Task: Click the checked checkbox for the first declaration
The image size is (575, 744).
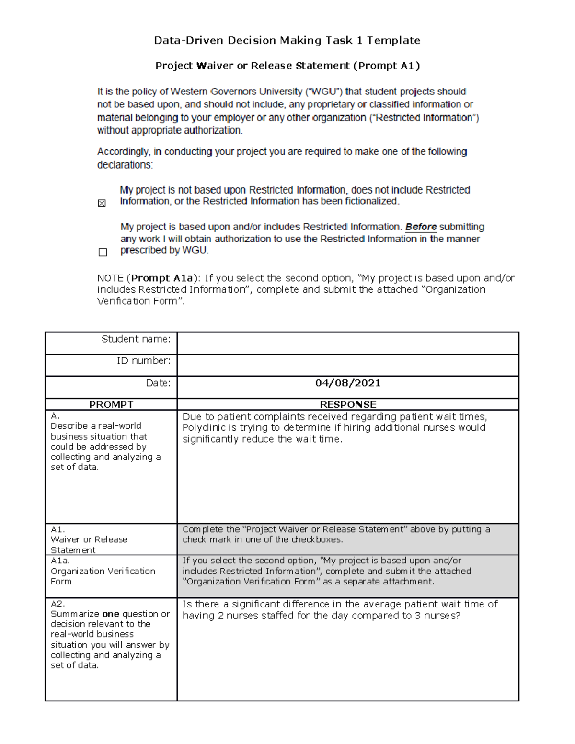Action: click(x=102, y=204)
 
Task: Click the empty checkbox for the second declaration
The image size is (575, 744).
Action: click(x=103, y=252)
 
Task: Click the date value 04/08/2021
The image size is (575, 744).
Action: click(x=348, y=383)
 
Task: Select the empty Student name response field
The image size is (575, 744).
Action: click(x=348, y=343)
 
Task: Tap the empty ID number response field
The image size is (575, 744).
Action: click(x=348, y=365)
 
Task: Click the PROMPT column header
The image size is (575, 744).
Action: click(x=111, y=404)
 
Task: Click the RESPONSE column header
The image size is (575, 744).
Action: click(x=348, y=404)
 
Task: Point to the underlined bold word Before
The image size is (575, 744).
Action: click(x=421, y=227)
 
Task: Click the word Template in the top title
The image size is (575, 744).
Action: click(x=393, y=40)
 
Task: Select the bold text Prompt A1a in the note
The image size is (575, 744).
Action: click(x=162, y=278)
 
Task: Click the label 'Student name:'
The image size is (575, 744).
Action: click(x=136, y=339)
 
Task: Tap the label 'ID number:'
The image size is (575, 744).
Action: click(x=144, y=361)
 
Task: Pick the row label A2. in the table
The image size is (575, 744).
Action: click(x=57, y=604)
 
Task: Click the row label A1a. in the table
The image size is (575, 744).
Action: click(x=60, y=561)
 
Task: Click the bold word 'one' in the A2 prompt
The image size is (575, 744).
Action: click(x=111, y=614)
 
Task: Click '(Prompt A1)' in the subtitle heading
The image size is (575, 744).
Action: click(x=386, y=66)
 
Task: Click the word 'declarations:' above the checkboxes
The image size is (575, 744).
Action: click(x=125, y=165)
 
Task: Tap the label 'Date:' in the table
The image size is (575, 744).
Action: click(x=158, y=383)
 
